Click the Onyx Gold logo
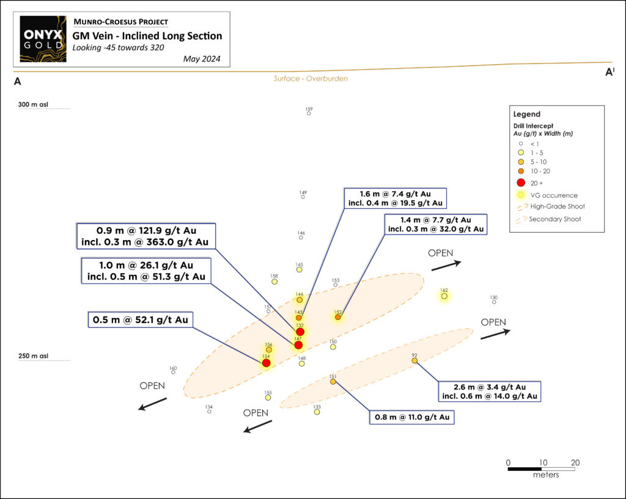tap(43, 39)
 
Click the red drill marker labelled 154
tap(266, 363)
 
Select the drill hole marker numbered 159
tap(309, 113)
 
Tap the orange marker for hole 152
tap(338, 317)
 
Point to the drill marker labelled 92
tap(414, 360)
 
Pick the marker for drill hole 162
tap(444, 296)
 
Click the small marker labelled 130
tap(494, 302)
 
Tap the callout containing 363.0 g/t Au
tap(145, 236)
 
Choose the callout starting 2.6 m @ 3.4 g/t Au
tap(490, 392)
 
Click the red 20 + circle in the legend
tap(521, 183)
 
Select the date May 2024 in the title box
tap(202, 59)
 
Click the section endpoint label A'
tap(609, 72)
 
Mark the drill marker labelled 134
tap(209, 412)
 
